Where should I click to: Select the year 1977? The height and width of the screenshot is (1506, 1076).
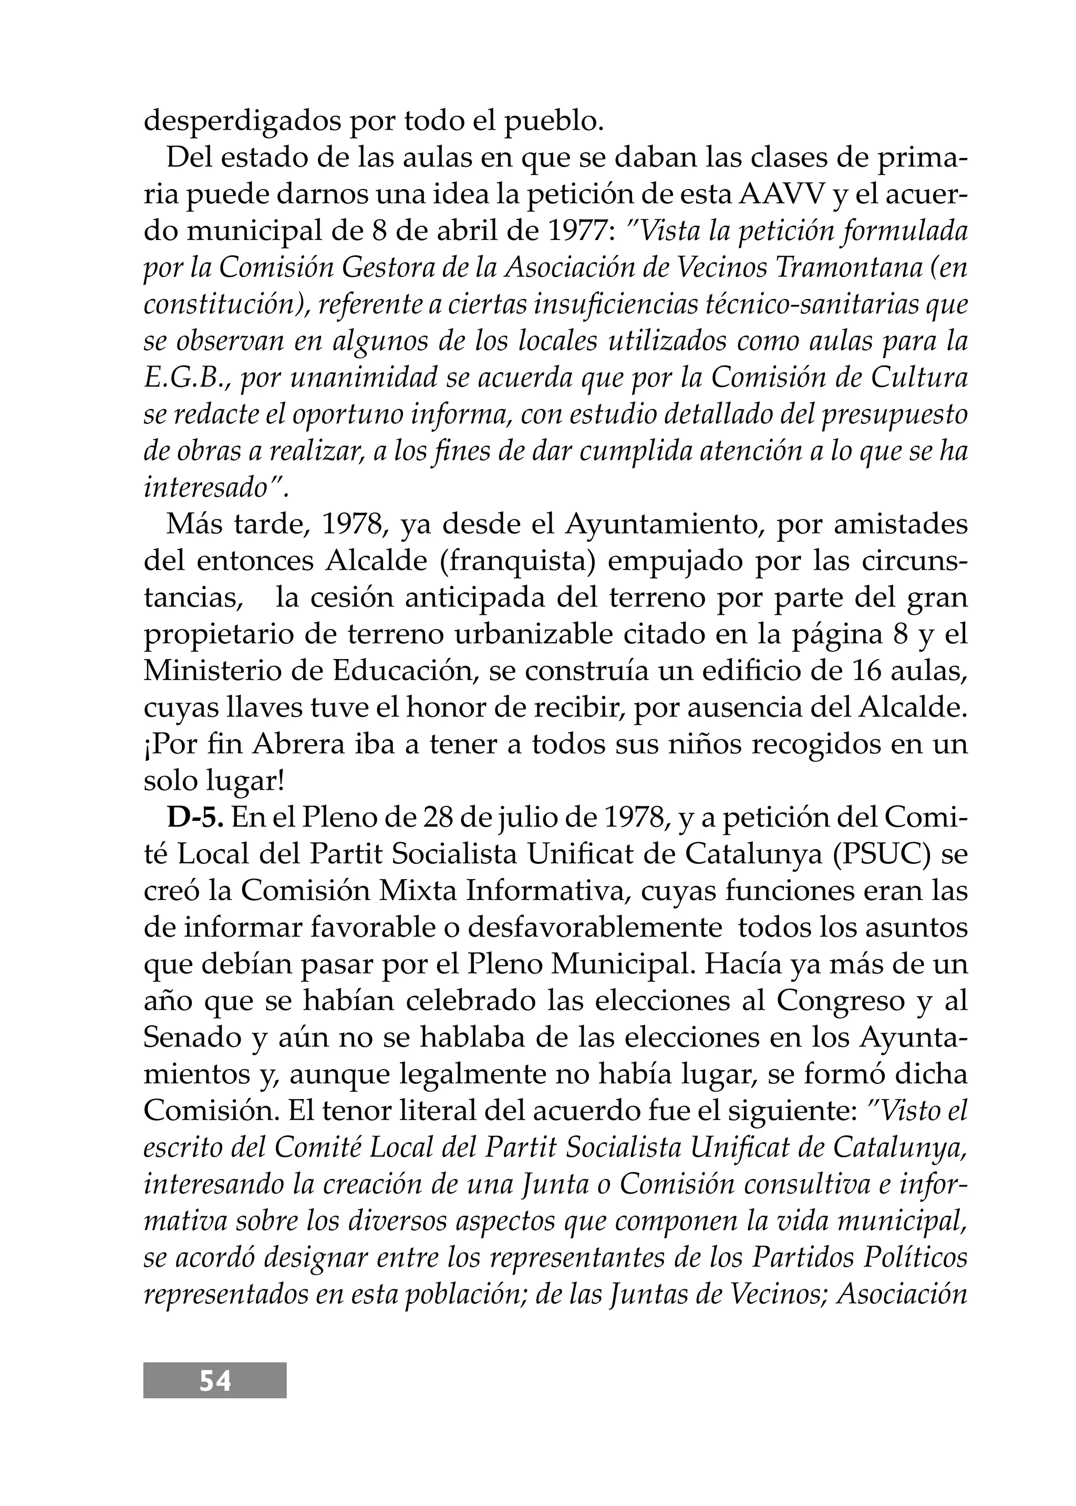(x=580, y=232)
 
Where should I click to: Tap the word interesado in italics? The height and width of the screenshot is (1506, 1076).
(x=205, y=488)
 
